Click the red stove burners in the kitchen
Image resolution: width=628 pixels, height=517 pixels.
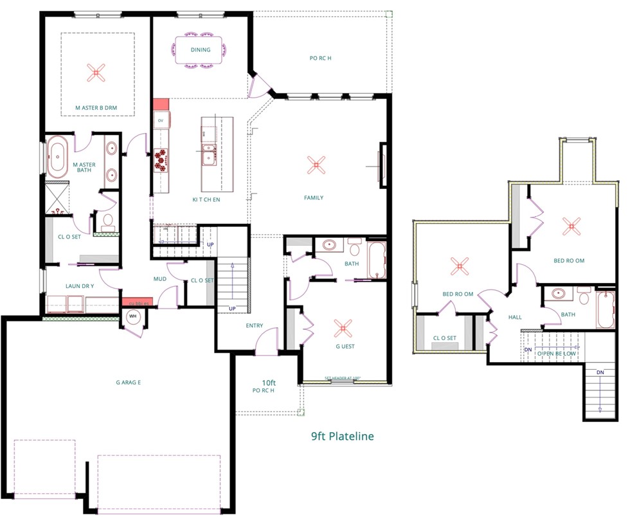[x=160, y=159]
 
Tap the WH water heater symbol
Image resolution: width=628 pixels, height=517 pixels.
[x=134, y=316]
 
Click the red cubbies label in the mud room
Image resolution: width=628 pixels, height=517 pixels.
[x=136, y=303]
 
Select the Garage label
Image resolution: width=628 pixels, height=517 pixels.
[x=129, y=383]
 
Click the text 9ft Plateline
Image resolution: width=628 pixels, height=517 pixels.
[x=342, y=437]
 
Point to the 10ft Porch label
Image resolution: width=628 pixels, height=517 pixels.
[x=265, y=385]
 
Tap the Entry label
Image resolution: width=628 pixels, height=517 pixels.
[x=255, y=325]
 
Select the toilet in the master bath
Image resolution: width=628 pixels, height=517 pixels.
[x=107, y=222]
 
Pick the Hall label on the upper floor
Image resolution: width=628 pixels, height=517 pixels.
[x=515, y=317]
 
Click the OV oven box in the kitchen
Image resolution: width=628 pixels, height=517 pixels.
[x=161, y=120]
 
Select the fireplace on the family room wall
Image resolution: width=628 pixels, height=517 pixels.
[x=382, y=165]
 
